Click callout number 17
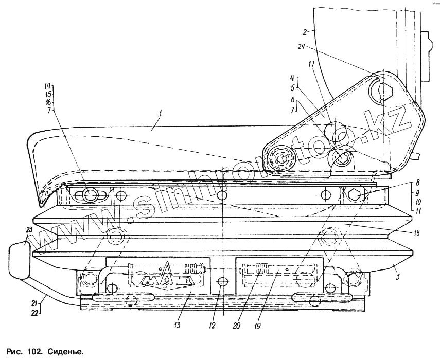(311, 65)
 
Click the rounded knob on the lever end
(21, 260)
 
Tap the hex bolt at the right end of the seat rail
(355, 196)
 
